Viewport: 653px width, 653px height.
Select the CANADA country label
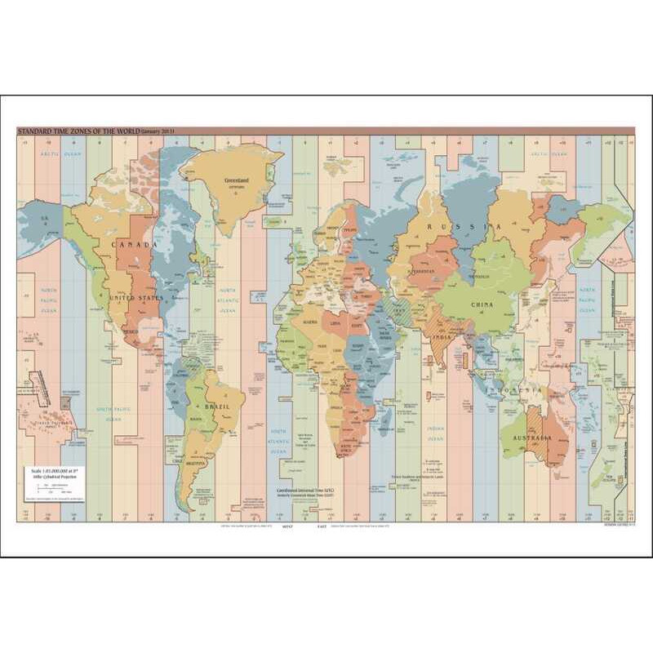pos(138,245)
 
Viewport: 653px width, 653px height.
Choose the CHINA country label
pos(482,304)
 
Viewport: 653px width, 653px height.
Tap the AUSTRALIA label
pos(531,438)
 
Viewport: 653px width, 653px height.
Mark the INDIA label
pos(442,338)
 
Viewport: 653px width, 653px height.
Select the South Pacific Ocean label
pos(113,414)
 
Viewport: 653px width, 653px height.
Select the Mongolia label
pos(478,276)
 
